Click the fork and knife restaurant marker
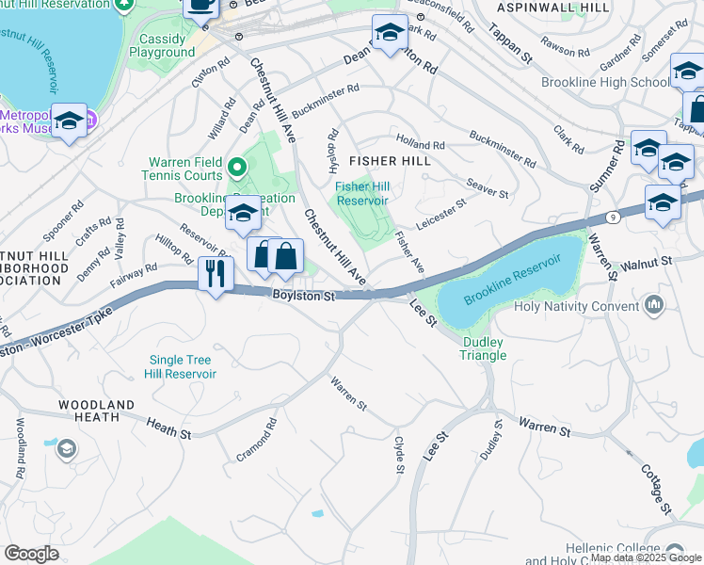coord(216,274)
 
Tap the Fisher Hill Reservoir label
coord(362,193)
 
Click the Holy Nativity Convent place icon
coord(655,304)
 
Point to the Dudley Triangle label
coord(483,348)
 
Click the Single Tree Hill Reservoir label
coord(180,366)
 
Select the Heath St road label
coord(168,429)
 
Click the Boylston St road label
coord(304,297)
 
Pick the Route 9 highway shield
coord(614,216)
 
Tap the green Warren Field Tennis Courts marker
coord(236,168)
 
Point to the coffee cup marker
coord(200,5)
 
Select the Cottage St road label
coord(655,489)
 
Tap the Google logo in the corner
coord(31,554)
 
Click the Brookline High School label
coord(605,82)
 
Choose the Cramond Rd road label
coord(257,441)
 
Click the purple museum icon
coord(89,120)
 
